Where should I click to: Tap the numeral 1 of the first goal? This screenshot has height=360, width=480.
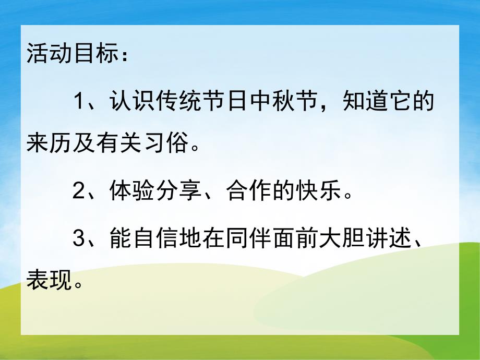coord(79,101)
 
